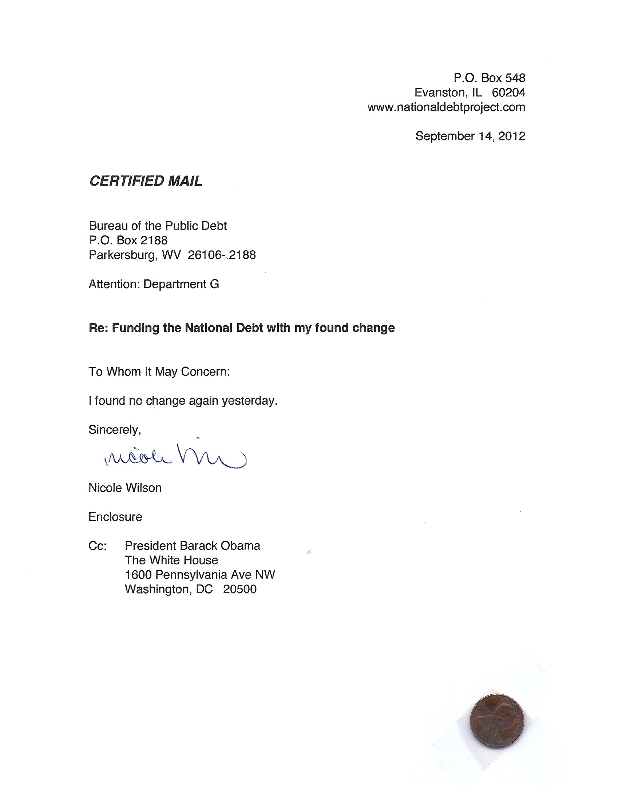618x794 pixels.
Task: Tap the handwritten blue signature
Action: tap(175, 456)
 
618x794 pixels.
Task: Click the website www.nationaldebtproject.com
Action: tap(446, 107)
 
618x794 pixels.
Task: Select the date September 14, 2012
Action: tap(470, 136)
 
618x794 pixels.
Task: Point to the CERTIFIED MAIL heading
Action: tap(146, 181)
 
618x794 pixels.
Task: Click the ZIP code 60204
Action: tap(508, 93)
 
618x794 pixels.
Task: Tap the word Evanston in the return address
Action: tap(440, 93)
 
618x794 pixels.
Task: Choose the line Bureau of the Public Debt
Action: tap(158, 226)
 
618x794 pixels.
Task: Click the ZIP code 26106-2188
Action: tap(222, 255)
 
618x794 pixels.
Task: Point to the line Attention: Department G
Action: tap(154, 284)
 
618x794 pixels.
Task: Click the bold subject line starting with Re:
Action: tap(242, 328)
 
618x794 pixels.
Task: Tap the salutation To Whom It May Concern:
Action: tap(159, 372)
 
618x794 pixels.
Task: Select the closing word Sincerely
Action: tap(114, 430)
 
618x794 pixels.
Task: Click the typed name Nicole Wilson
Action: tap(125, 488)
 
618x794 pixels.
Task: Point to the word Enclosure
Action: tap(115, 517)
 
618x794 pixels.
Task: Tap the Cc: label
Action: tap(98, 546)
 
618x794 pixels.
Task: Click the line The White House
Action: tap(171, 560)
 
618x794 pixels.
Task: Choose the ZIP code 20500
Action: tap(240, 589)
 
